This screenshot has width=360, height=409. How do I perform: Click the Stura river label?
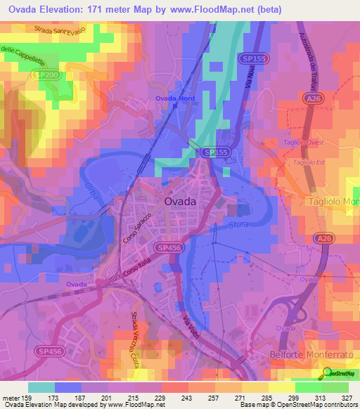click(x=239, y=225)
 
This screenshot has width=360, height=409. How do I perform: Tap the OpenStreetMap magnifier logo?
click(x=328, y=373)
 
